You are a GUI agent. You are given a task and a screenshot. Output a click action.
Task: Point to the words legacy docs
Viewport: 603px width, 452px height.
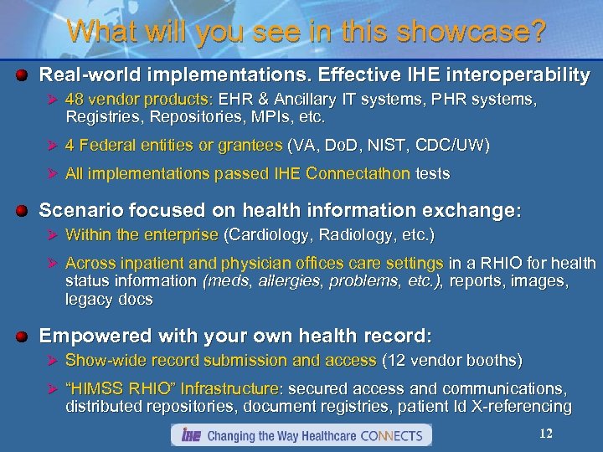[109, 300]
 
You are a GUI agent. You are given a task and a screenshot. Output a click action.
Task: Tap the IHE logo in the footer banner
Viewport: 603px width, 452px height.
[188, 435]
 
